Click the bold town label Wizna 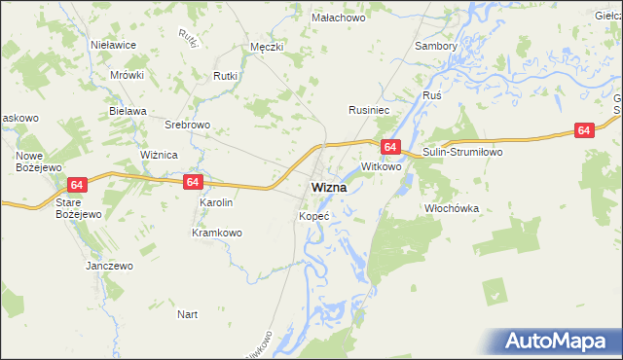tap(332, 187)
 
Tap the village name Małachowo tap(338, 18)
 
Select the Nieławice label tap(113, 45)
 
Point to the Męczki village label tap(267, 46)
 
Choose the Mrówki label tap(127, 75)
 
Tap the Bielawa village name tap(128, 111)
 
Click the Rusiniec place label tap(369, 111)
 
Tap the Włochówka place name tap(453, 208)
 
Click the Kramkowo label tap(216, 233)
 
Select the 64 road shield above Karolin tap(193, 182)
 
